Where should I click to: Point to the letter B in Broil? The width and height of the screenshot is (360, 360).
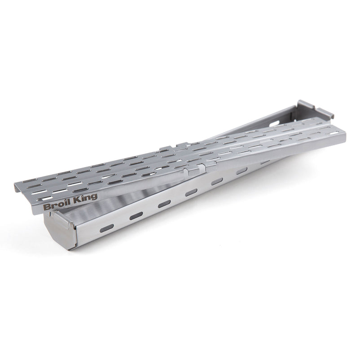(x=46, y=207)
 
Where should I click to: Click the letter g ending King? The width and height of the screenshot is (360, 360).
(x=94, y=198)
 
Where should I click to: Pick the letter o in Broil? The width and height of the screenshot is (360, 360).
(x=59, y=206)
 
